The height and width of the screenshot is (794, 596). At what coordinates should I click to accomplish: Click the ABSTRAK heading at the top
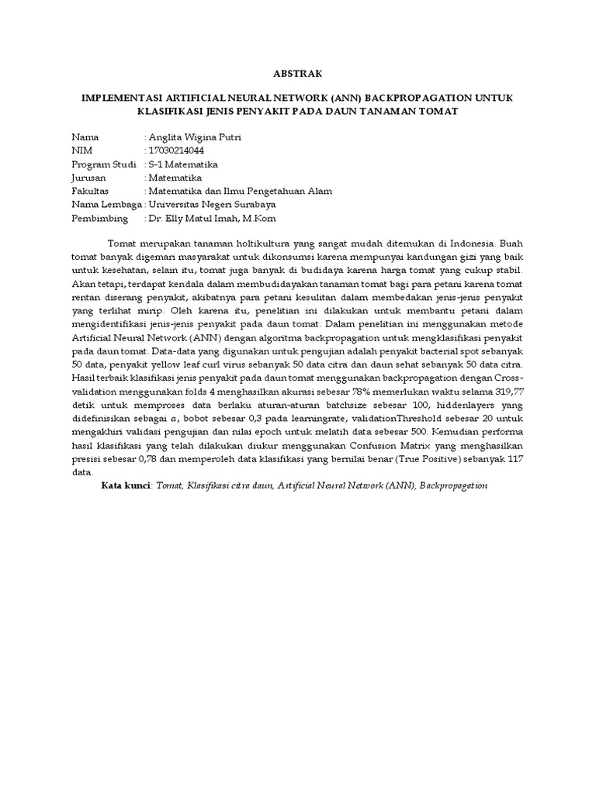click(x=298, y=74)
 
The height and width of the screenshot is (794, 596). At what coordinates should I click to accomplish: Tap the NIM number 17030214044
click(x=177, y=150)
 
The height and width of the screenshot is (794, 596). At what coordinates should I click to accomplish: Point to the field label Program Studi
click(x=104, y=164)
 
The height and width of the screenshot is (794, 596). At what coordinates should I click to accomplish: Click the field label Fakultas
click(x=90, y=191)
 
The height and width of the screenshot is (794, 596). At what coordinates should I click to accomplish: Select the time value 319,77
click(x=506, y=391)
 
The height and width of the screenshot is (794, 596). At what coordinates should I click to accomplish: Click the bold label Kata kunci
click(x=126, y=485)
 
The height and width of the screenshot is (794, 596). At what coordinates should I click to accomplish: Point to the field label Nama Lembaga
click(x=106, y=205)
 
